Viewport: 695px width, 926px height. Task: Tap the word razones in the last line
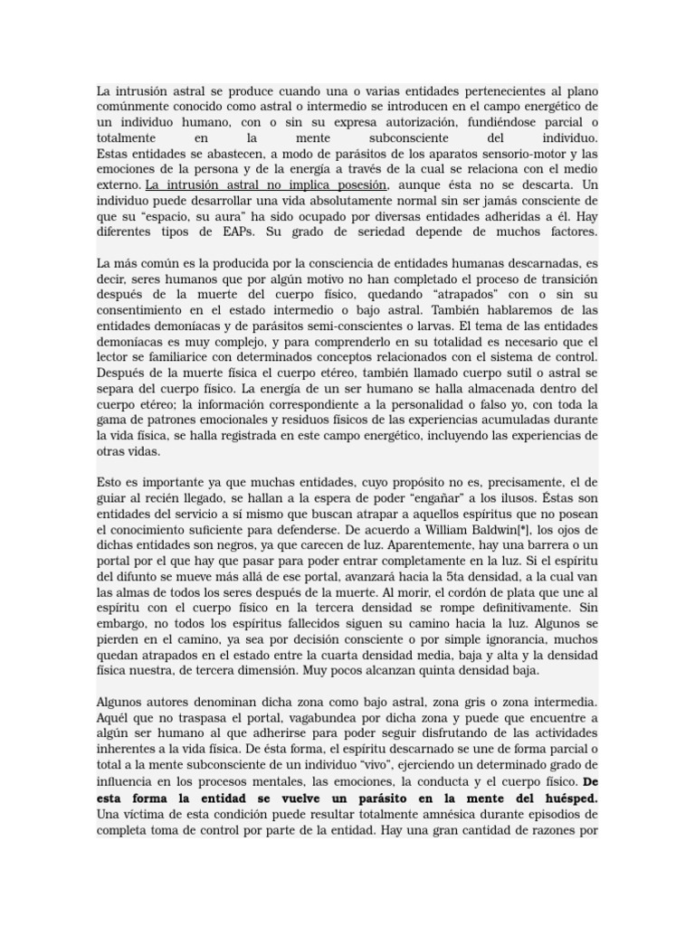(x=548, y=830)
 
